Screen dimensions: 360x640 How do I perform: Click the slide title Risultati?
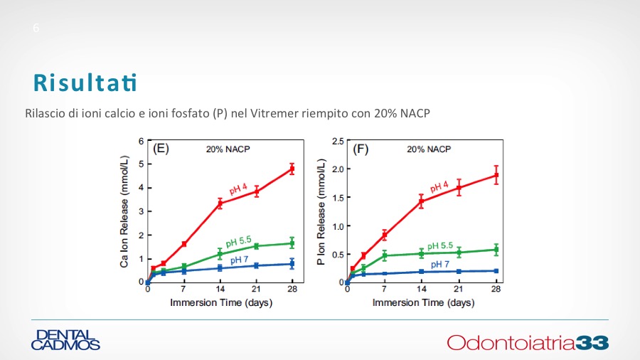coord(85,83)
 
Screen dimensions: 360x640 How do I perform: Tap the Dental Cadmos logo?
coord(65,340)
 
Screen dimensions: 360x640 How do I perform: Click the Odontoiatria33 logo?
coord(528,342)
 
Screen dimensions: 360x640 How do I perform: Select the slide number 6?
coord(36,28)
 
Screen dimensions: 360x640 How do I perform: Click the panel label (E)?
coord(161,149)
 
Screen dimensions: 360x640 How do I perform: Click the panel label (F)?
coord(361,149)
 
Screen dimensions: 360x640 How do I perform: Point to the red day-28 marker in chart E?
coord(292,169)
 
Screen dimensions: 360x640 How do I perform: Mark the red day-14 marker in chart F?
coord(421,201)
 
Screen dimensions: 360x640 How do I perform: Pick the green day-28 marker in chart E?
coord(292,243)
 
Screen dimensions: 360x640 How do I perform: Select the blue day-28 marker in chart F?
coord(496,271)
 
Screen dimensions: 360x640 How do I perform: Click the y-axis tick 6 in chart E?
coord(141,141)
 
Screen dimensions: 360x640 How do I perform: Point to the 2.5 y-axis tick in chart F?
coord(337,141)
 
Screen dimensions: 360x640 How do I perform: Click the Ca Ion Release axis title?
coord(124,212)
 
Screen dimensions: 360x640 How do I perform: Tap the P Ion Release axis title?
coord(321,212)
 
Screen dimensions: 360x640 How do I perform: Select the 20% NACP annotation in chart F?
coord(429,149)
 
